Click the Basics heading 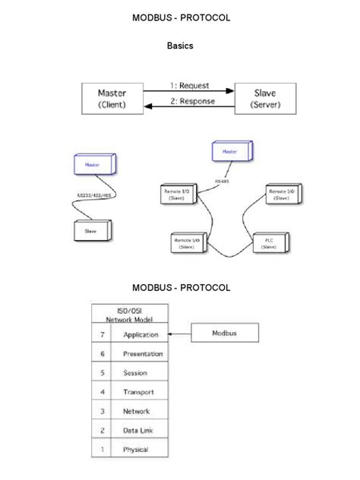(180, 46)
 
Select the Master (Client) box (112, 98)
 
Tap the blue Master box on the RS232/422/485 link (94, 164)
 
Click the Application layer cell (140, 334)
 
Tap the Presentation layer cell (142, 354)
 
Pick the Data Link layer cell (136, 431)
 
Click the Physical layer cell (135, 450)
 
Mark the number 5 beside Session (101, 373)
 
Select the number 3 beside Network (101, 411)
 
